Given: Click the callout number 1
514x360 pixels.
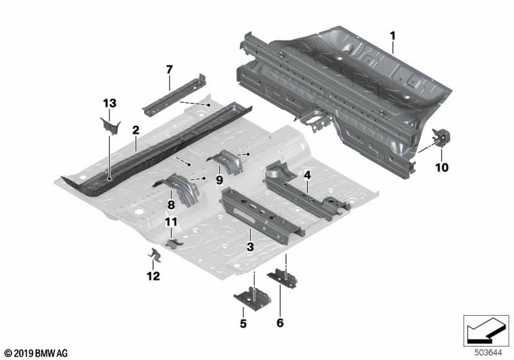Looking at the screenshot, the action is tap(393, 36).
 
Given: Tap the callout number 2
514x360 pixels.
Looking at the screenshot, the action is tap(136, 130).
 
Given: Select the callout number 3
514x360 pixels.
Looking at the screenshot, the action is tap(250, 247).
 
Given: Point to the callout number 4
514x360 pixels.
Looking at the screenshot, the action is tap(307, 175).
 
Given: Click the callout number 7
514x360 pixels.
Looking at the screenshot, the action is tap(169, 69).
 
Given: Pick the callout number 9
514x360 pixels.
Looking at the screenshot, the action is tap(219, 179).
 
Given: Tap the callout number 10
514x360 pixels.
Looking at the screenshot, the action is tap(441, 168).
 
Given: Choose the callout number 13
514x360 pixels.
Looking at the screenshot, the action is tap(109, 104).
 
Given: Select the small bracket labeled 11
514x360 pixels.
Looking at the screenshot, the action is tap(173, 244).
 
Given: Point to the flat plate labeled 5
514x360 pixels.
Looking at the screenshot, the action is tap(253, 298).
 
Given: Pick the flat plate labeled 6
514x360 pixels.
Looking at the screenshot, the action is tap(283, 278).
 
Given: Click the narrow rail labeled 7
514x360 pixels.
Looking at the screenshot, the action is tap(173, 95).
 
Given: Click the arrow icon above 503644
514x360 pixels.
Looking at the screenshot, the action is tap(486, 330).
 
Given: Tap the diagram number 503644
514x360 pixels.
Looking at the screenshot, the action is tap(488, 353).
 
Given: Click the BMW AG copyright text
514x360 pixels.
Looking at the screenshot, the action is tap(37, 353).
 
